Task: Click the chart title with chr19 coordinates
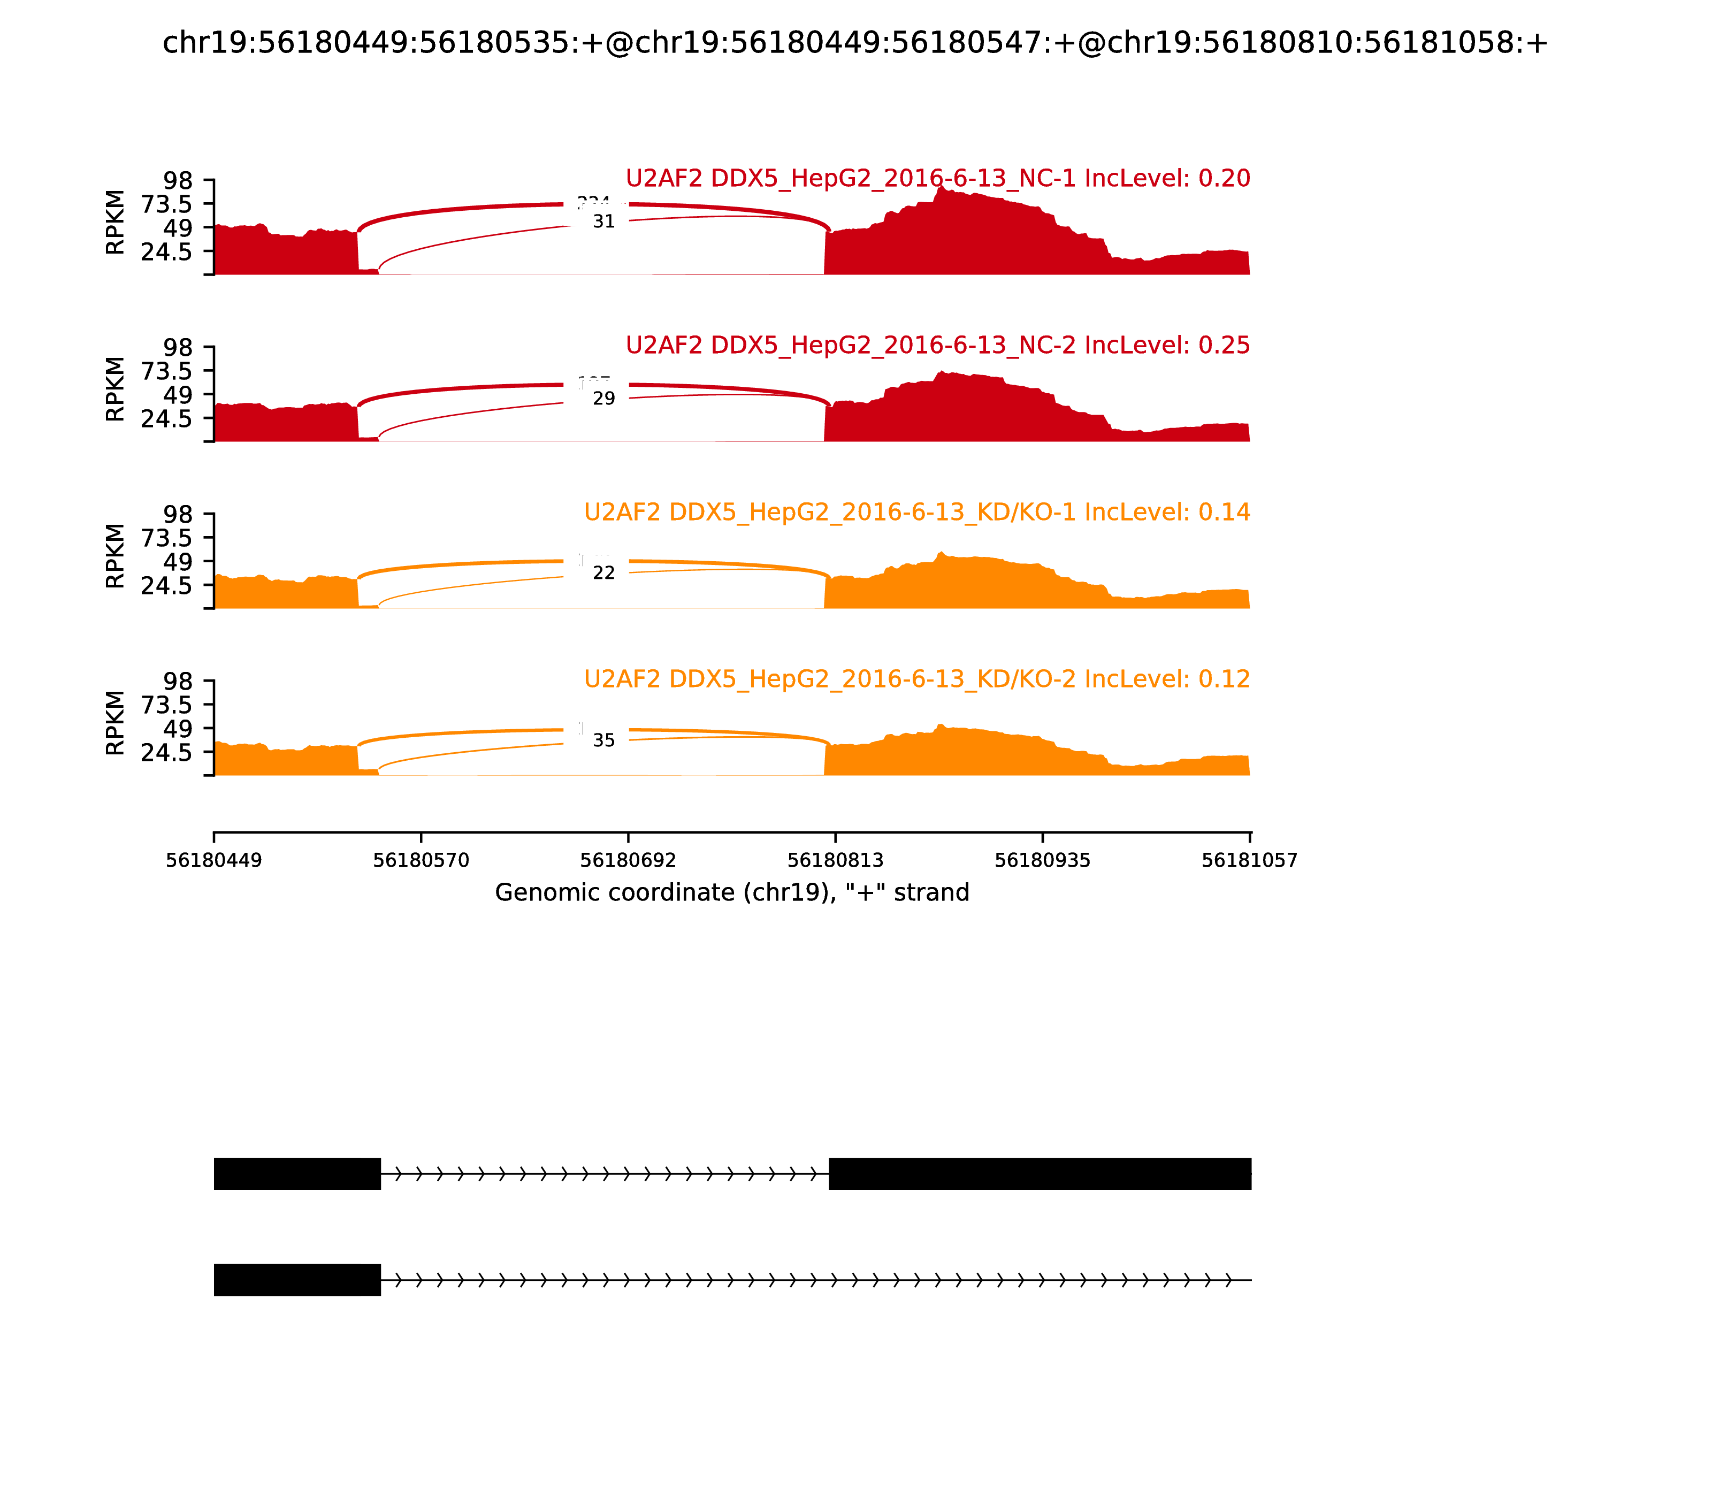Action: (x=854, y=43)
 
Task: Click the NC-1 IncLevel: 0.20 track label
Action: (x=937, y=178)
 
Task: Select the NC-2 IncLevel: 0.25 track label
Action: (x=937, y=345)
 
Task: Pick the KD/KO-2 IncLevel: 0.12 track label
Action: (x=916, y=679)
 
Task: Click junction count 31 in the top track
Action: (x=603, y=221)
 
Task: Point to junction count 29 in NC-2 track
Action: (x=603, y=399)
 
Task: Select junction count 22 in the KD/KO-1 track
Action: (x=603, y=572)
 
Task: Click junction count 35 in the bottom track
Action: (x=603, y=740)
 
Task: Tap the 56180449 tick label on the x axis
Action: (x=214, y=860)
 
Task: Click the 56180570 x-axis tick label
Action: (x=422, y=860)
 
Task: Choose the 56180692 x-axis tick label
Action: (x=628, y=860)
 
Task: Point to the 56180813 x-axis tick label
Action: (x=835, y=860)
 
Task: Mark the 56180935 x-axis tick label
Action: (x=1042, y=860)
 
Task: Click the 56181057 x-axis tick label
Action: (x=1249, y=860)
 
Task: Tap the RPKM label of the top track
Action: (x=116, y=223)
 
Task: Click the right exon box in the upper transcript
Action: (x=1040, y=1174)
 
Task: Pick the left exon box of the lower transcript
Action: (x=297, y=1280)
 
